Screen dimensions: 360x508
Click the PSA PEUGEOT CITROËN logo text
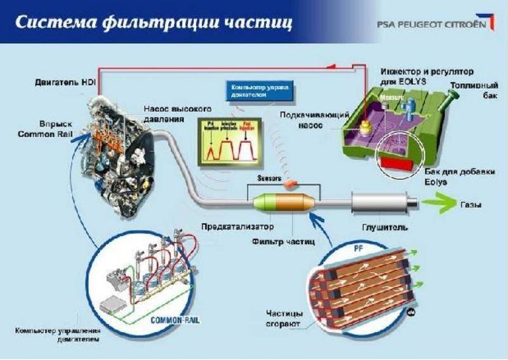coord(432,24)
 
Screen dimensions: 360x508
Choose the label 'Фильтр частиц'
coord(283,242)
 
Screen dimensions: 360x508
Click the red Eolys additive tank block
coord(396,162)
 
